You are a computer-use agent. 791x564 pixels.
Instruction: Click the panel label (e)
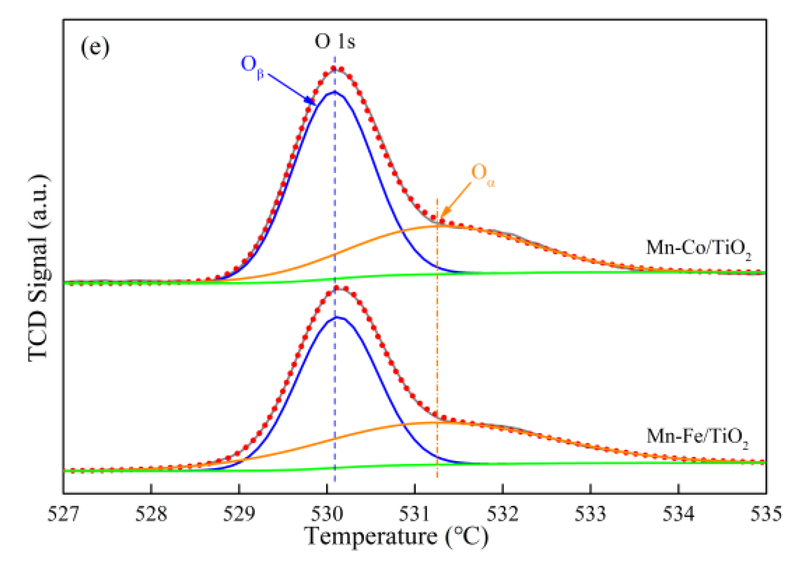coord(95,47)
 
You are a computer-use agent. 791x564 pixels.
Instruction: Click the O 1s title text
coord(335,42)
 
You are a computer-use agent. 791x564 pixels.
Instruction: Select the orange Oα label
coord(482,174)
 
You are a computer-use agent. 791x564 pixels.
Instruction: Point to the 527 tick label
coord(64,514)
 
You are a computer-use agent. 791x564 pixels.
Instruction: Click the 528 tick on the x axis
coord(151,514)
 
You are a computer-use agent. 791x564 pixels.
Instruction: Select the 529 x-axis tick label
coord(239,514)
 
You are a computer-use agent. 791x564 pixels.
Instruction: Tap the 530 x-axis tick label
coord(327,514)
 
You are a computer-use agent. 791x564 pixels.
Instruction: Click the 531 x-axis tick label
coord(415,514)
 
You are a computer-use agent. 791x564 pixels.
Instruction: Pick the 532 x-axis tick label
coord(503,514)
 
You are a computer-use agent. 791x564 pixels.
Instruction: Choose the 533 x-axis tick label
coord(590,514)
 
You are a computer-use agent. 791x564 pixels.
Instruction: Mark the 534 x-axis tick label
coord(678,514)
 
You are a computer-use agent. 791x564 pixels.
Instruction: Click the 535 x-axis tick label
coord(765,514)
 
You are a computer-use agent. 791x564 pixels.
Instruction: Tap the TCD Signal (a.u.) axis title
coord(38,268)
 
